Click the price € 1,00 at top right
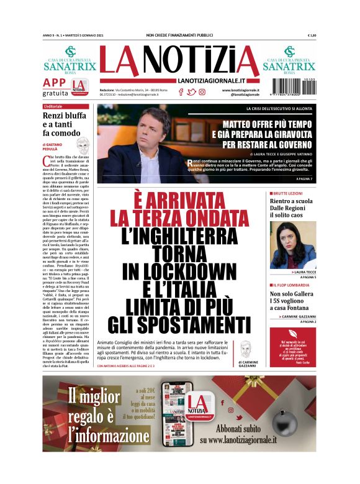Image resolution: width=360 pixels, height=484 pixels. pos(312,35)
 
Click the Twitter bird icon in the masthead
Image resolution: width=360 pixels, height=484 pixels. pos(191,92)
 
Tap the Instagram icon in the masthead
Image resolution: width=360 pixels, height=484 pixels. pos(202,92)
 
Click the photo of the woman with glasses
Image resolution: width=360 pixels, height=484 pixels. pos(292,245)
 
